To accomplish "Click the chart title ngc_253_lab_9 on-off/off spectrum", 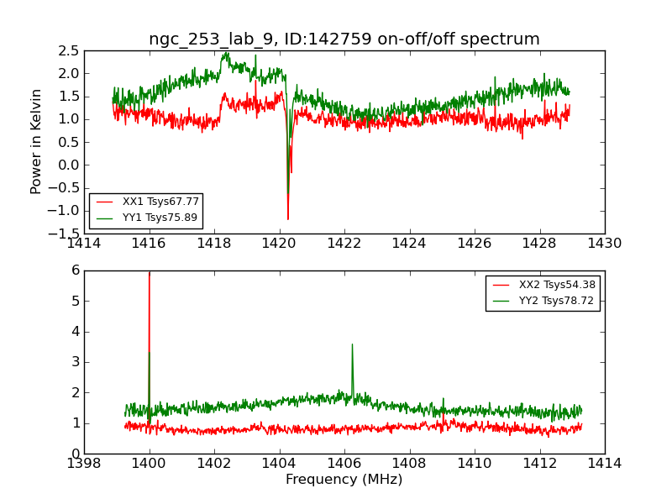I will pos(344,39).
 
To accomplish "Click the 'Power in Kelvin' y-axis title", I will pos(37,141).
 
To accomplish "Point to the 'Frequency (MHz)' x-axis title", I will pos(344,480).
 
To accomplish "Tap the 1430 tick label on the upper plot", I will pos(604,244).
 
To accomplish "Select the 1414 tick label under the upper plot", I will pos(84,244).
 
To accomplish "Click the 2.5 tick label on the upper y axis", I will pos(68,50).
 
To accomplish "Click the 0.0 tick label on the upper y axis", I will pos(68,165).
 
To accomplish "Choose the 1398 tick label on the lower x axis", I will pos(84,464).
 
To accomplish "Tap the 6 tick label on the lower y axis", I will pos(75,270).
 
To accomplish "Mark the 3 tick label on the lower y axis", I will pos(75,362).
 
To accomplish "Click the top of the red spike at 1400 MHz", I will pos(150,272).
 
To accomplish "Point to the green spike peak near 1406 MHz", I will pos(352,344).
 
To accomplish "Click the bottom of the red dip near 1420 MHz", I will pos(287,219).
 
